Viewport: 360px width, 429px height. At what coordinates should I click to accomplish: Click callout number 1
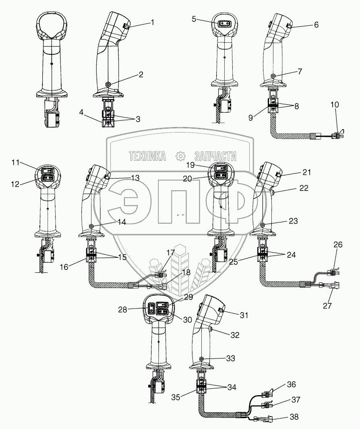click(152, 23)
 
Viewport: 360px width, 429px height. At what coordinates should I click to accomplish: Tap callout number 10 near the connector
click(335, 105)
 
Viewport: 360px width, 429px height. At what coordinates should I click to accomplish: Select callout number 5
click(194, 19)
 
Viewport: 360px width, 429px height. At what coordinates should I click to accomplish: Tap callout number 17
click(171, 253)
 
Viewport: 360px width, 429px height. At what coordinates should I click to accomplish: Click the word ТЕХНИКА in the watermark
click(147, 156)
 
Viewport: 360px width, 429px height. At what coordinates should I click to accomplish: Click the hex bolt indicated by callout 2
click(108, 84)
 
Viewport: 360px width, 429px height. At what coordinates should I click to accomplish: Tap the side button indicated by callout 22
click(273, 193)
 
